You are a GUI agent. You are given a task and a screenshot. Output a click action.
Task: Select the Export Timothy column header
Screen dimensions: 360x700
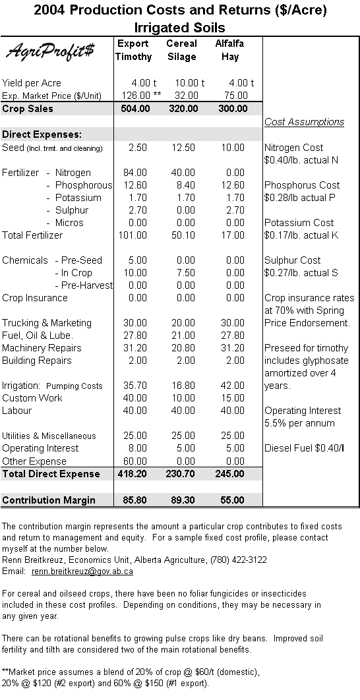click(133, 50)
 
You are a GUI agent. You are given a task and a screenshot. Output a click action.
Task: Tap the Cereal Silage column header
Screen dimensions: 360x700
click(181, 50)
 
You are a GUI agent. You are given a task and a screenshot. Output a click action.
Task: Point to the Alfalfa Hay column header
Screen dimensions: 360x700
click(229, 50)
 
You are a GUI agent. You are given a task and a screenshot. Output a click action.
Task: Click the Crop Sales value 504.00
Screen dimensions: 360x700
click(135, 109)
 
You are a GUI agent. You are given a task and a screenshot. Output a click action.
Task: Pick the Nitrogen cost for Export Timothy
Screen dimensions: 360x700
click(135, 173)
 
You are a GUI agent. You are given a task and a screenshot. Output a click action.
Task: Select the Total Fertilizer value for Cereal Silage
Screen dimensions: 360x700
click(183, 235)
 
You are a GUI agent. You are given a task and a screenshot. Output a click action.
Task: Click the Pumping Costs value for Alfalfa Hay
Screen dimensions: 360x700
click(232, 386)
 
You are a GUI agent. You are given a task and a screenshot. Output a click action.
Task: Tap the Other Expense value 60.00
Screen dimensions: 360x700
click(135, 461)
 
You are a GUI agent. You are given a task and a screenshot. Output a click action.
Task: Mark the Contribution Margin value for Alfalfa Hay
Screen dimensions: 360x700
click(232, 500)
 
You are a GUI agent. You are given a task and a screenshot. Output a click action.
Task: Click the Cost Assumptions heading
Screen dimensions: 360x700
click(304, 122)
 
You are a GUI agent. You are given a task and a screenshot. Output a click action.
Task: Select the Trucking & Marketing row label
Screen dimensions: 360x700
click(47, 323)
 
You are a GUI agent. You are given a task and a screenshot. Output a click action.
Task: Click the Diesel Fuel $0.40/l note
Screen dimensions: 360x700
click(303, 448)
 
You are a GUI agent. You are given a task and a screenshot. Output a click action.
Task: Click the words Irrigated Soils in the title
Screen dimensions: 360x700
click(180, 28)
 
